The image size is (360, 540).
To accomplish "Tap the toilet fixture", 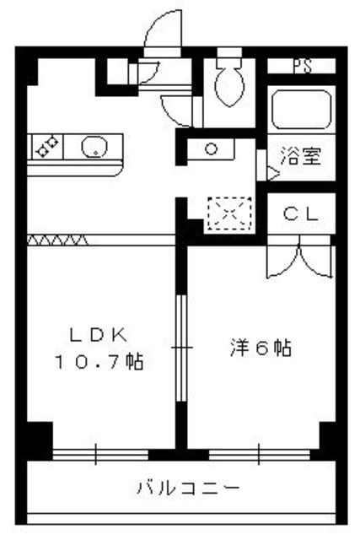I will [x=228, y=84].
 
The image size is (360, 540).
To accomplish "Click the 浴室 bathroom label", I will [x=300, y=157].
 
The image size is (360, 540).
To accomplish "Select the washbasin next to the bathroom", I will [x=211, y=150].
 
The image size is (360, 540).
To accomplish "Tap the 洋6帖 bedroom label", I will [x=261, y=347].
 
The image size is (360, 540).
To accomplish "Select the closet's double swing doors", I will [x=298, y=259].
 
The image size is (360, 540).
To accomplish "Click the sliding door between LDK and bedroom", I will [x=180, y=346].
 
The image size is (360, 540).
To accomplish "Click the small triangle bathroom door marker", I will [x=272, y=171].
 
